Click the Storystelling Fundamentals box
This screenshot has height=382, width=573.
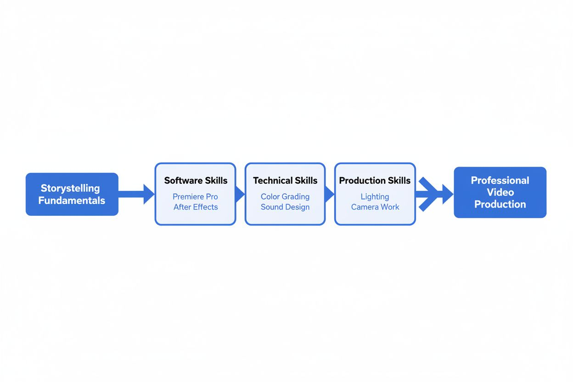click(72, 194)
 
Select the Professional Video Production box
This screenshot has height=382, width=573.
click(500, 192)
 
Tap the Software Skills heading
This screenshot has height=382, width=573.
click(196, 180)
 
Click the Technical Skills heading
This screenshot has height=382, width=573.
click(285, 180)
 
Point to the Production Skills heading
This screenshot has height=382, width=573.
click(375, 180)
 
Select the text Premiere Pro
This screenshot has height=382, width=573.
click(195, 197)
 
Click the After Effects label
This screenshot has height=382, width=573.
click(196, 207)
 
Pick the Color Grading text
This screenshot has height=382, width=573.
click(285, 197)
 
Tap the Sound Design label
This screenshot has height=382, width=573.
click(285, 207)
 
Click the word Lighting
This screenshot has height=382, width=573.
click(375, 197)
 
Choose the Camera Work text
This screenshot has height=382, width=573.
click(375, 207)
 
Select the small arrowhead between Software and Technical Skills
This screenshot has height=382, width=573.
click(240, 194)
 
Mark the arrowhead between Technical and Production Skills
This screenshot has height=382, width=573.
click(329, 194)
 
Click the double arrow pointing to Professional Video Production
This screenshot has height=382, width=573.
click(433, 194)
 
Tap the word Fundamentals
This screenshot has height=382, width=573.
click(72, 201)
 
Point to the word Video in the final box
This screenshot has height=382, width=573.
click(500, 192)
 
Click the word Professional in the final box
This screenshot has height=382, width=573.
click(500, 180)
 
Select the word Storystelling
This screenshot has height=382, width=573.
click(70, 188)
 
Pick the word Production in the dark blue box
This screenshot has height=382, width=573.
click(500, 204)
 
